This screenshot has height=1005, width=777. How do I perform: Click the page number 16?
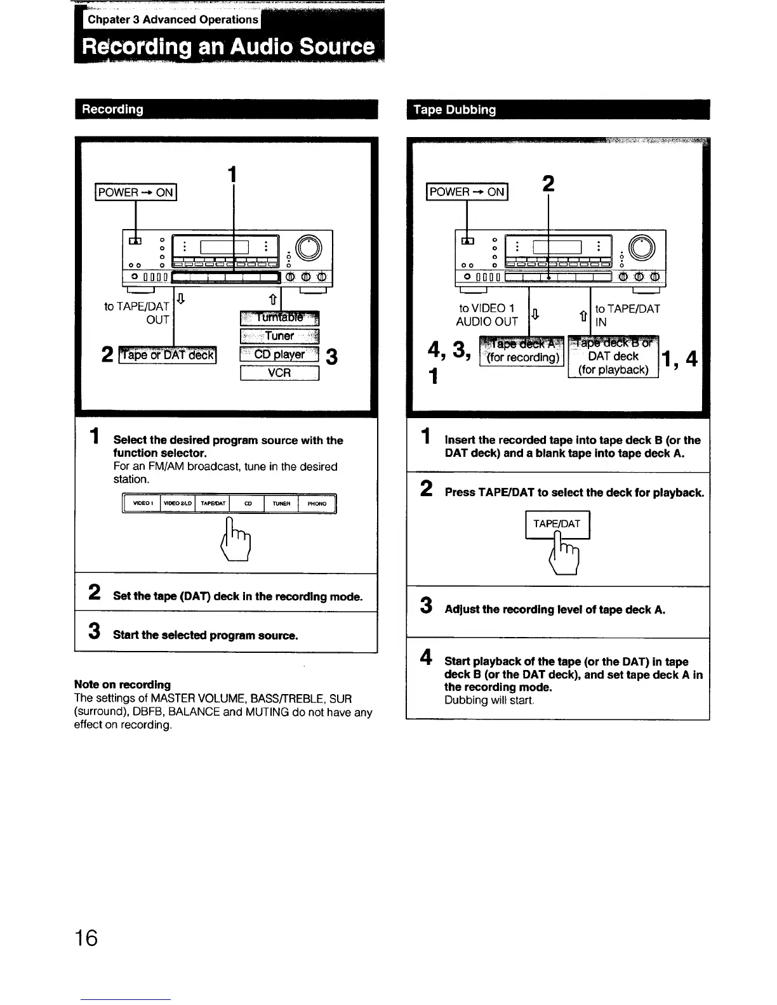click(86, 937)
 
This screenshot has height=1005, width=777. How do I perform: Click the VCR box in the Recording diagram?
click(279, 373)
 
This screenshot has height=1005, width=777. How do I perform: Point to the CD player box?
click(279, 355)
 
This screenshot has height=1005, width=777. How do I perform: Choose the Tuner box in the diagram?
click(279, 336)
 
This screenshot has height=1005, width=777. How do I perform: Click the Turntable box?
click(279, 318)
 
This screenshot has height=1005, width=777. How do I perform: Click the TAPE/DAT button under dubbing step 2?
click(557, 524)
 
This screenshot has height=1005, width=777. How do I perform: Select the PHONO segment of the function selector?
click(317, 504)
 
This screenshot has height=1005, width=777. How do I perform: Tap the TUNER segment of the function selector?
click(281, 504)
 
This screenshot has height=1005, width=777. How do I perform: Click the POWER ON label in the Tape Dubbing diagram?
click(467, 192)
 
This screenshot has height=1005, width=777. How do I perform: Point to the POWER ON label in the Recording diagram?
click(135, 192)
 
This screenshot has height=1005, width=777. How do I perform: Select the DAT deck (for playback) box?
click(613, 358)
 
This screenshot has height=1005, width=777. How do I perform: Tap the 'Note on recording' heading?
click(123, 685)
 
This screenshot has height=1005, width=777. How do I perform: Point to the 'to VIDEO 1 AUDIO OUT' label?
click(487, 315)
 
